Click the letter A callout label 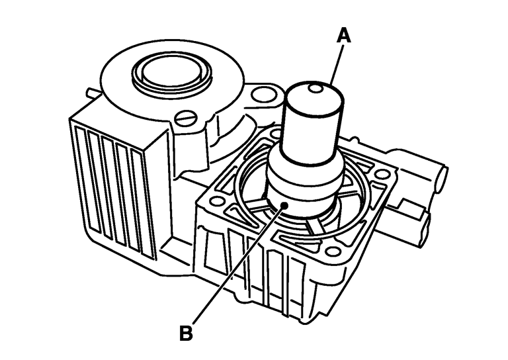click(344, 35)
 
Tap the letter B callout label click(187, 333)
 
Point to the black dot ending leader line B click(285, 205)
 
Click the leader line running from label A click(336, 64)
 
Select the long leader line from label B click(238, 265)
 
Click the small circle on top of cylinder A click(316, 88)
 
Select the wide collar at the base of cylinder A click(304, 183)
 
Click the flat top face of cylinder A click(315, 95)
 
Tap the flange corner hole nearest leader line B click(216, 201)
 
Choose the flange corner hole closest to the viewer click(331, 251)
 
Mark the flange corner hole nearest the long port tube click(382, 175)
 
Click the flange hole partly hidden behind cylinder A click(276, 133)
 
